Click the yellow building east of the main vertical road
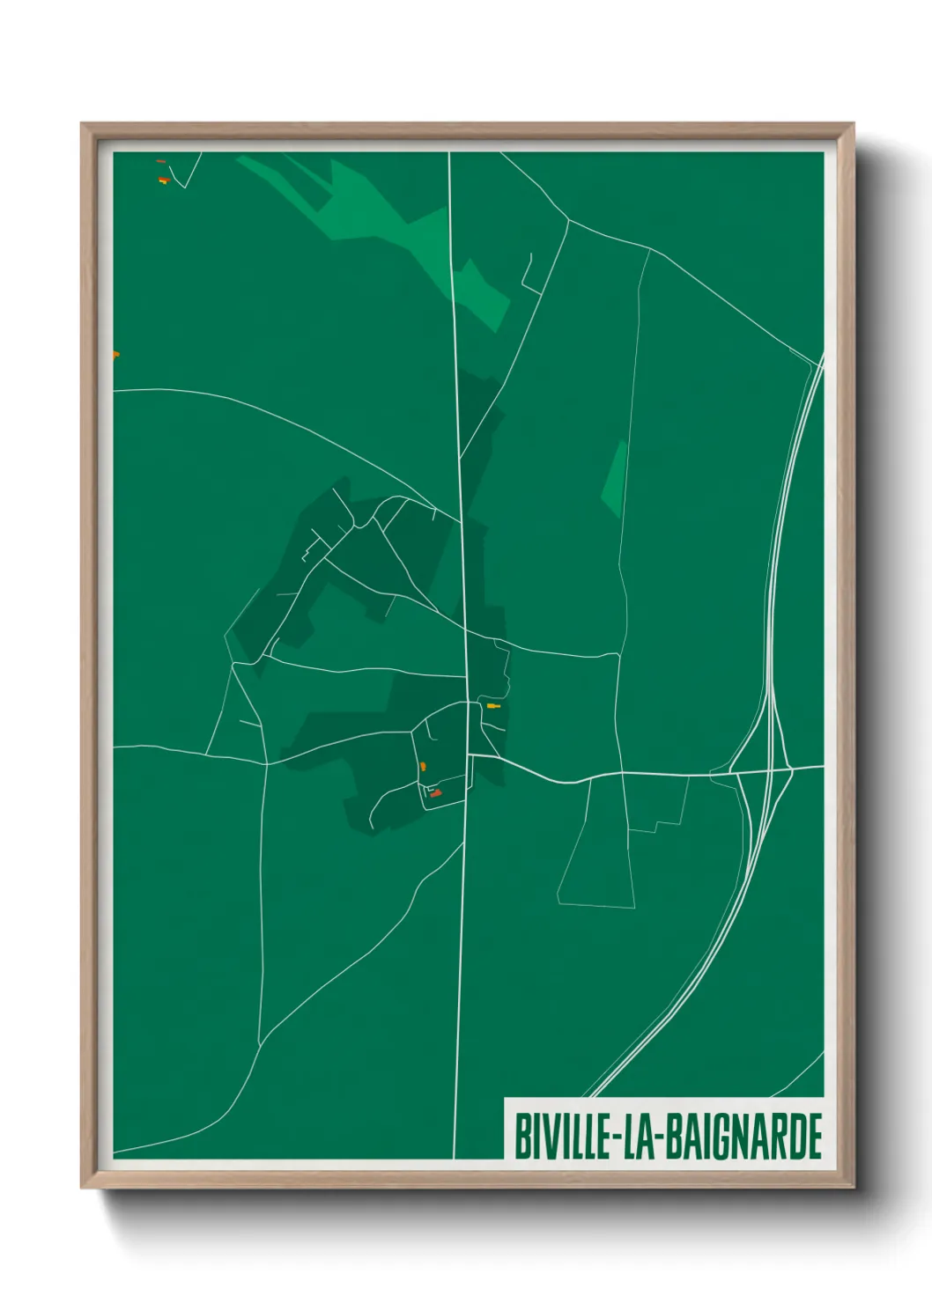pos(492,706)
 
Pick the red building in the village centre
pos(435,794)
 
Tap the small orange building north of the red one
pos(424,766)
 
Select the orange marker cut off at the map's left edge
pos(115,355)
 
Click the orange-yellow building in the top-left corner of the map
pos(162,180)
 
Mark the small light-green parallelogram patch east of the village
pos(616,478)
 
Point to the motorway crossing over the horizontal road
pos(768,769)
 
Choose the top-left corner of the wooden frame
pos(83,124)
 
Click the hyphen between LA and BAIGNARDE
pos(656,1137)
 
